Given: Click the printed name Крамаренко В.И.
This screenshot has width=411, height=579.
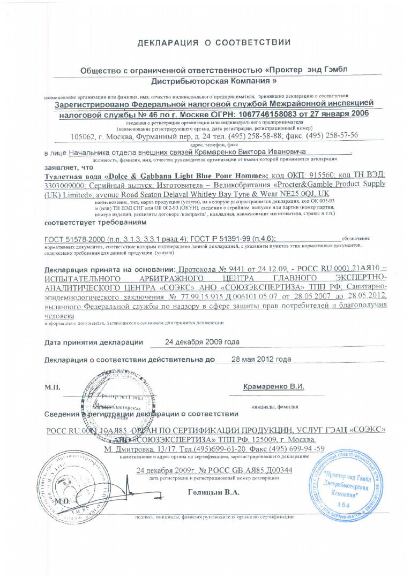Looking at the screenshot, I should pyautogui.click(x=273, y=386).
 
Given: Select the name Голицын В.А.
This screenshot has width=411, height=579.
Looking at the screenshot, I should pyautogui.click(x=213, y=491).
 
